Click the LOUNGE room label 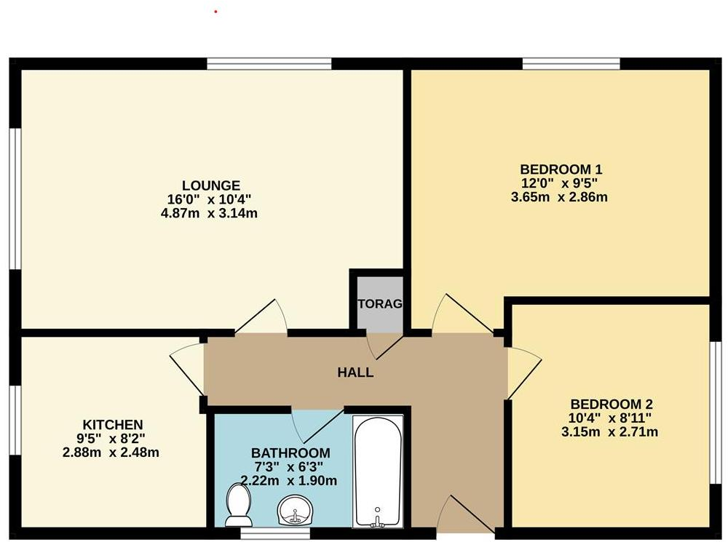pyautogui.click(x=210, y=185)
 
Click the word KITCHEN pyautogui.click(x=112, y=424)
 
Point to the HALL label pyautogui.click(x=355, y=372)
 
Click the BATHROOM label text pyautogui.click(x=290, y=453)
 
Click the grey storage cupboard pyautogui.click(x=379, y=303)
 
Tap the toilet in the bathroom pyautogui.click(x=237, y=506)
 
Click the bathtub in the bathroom pyautogui.click(x=377, y=471)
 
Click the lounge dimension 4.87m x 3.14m pyautogui.click(x=210, y=213)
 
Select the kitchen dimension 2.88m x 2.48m pyautogui.click(x=111, y=452)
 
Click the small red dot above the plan pyautogui.click(x=216, y=12)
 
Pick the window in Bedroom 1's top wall pyautogui.click(x=571, y=64)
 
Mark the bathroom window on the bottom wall pyautogui.click(x=263, y=533)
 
